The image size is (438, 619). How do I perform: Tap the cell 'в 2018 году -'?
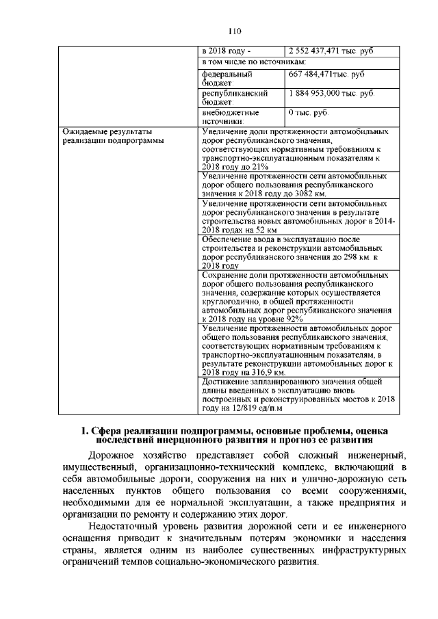tap(227, 51)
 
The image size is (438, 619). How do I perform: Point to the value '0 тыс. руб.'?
tap(309, 111)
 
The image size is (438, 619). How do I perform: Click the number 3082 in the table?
tap(342, 194)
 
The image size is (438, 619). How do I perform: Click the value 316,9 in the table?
tap(260, 373)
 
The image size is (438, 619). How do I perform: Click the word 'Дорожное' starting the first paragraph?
tap(113, 455)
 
